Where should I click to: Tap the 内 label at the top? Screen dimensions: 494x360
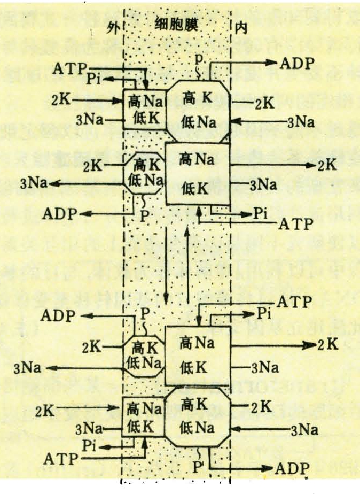coord(238,27)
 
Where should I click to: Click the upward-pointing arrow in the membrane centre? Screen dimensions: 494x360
coord(186,257)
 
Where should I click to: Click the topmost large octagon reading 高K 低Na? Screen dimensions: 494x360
coord(196,109)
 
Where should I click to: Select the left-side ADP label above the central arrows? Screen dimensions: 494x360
coord(71,214)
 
